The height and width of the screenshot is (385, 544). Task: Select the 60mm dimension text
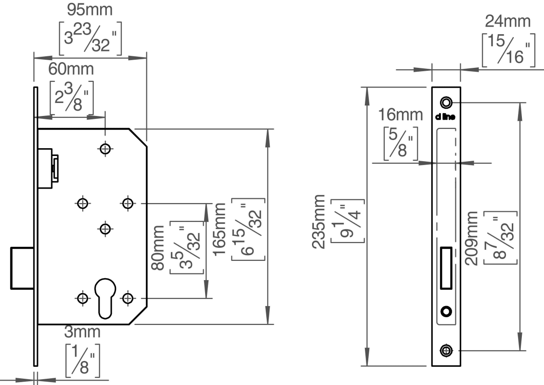click(x=71, y=69)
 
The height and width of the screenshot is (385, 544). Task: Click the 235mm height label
click(x=320, y=221)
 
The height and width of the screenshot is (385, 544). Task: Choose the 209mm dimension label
click(x=477, y=238)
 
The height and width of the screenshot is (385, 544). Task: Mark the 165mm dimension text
click(x=223, y=230)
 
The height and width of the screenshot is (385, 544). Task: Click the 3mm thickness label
click(x=82, y=332)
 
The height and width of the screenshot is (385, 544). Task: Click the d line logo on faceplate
click(x=446, y=116)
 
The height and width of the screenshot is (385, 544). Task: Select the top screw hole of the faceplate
click(x=446, y=103)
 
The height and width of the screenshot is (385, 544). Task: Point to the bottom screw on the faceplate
click(x=446, y=350)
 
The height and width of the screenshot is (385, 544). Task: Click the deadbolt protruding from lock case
click(x=22, y=268)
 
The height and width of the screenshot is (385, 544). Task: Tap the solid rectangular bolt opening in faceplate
click(x=445, y=268)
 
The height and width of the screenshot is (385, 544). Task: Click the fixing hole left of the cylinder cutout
click(x=83, y=298)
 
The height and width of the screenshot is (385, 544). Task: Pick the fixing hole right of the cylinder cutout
click(x=127, y=298)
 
